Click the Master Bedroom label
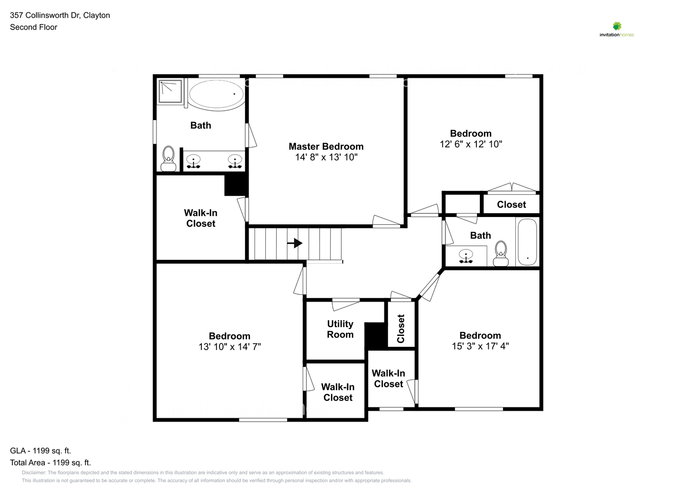click(326, 147)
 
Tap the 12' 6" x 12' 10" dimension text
click(471, 144)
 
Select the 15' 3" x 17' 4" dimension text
click(480, 346)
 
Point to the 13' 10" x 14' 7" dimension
click(229, 347)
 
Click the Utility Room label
click(340, 329)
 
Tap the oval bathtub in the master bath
click(217, 94)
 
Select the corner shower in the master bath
click(170, 92)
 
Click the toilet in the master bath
click(168, 158)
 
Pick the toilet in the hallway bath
click(501, 253)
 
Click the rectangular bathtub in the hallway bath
click(527, 242)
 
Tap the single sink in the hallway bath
click(466, 256)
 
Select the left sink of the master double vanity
click(193, 161)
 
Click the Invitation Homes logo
click(617, 30)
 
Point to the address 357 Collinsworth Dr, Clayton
click(60, 15)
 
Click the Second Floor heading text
click(33, 27)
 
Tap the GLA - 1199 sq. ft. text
click(40, 451)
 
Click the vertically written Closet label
click(401, 329)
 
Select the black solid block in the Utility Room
click(375, 336)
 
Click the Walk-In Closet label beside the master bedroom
click(200, 218)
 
